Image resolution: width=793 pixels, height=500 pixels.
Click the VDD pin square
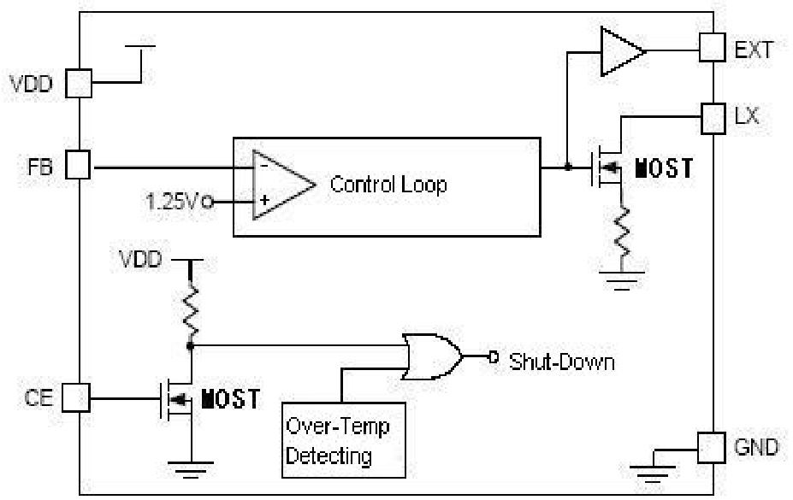pos(79,83)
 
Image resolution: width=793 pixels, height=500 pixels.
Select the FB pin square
pos(79,166)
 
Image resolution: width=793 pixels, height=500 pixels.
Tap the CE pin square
pos(79,397)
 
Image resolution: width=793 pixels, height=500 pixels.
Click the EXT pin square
pos(713,48)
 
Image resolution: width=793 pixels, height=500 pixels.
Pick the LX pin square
pos(713,117)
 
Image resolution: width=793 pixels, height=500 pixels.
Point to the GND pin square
pos(713,447)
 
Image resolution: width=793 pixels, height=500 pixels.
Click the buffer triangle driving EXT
pos(620,51)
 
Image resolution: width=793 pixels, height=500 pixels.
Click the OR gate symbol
pos(432,356)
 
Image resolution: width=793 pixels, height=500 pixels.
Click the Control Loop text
pos(388,185)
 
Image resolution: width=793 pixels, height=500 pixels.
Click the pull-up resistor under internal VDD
pos(190,311)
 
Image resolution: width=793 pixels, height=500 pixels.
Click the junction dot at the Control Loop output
pos(567,167)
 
